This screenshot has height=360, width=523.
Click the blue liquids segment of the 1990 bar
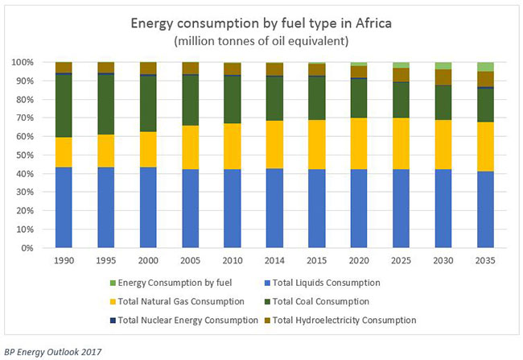64,208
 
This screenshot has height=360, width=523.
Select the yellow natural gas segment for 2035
485,147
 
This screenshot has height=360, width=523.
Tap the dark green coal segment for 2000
148,104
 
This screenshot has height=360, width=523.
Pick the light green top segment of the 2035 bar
485,67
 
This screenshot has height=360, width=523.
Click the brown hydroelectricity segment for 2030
443,77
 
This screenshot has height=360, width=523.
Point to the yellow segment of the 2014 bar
274,144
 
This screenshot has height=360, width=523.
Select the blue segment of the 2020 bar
359,209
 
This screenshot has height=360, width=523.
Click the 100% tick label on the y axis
23,62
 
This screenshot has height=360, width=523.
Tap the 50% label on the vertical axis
25,155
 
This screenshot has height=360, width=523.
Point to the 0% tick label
27,248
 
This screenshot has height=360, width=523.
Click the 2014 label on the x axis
274,260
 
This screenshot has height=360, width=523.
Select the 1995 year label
106,260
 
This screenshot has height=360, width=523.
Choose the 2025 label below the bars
401,260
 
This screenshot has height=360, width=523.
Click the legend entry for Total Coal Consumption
317,301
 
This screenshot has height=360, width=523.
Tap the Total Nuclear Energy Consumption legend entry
184,321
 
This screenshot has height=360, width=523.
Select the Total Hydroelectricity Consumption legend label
340,321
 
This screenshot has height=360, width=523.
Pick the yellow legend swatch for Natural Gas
113,302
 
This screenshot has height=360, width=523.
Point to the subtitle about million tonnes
261,41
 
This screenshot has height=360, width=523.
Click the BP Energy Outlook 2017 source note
52,352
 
